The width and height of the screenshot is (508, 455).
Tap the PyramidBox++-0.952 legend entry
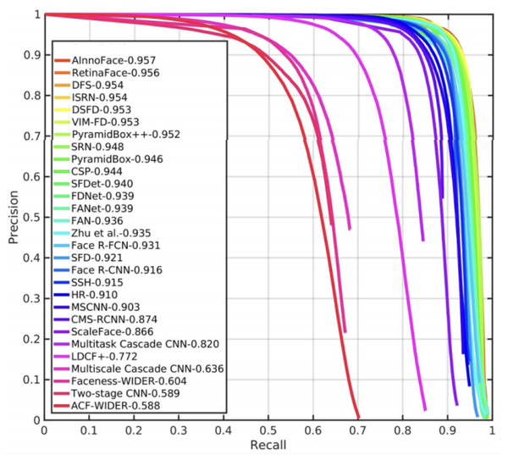tap(125, 135)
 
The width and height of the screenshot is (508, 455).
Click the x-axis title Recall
tap(267, 445)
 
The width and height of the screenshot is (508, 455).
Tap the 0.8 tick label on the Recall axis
tap(402, 430)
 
